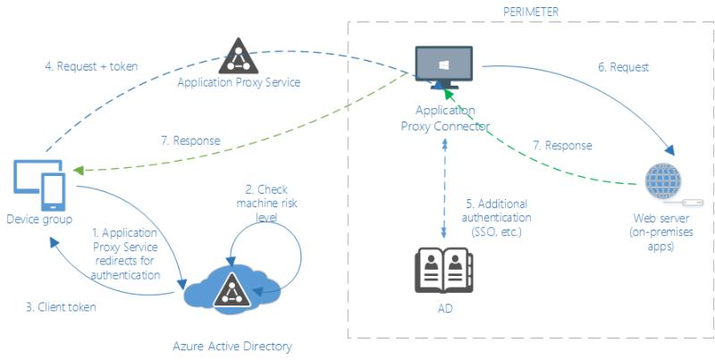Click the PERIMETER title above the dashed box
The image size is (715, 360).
[x=531, y=12]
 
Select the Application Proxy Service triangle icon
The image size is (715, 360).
[x=239, y=56]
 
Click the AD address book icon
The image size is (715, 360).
[x=443, y=271]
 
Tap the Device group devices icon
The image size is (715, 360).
[x=39, y=185]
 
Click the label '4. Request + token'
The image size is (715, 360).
[x=91, y=66]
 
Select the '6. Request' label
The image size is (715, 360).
[x=623, y=67]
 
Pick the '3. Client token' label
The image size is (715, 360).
[x=61, y=306]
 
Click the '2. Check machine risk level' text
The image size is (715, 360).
[x=266, y=203]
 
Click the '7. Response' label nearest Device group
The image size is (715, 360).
[x=190, y=140]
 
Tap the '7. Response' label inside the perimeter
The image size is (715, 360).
[x=562, y=146]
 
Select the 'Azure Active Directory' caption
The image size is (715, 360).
[x=232, y=346]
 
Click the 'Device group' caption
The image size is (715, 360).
[x=39, y=219]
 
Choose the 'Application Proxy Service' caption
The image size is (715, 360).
[x=239, y=82]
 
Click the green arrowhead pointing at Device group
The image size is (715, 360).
[x=79, y=171]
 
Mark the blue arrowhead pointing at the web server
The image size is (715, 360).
[x=669, y=150]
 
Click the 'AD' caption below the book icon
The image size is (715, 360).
[x=445, y=308]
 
